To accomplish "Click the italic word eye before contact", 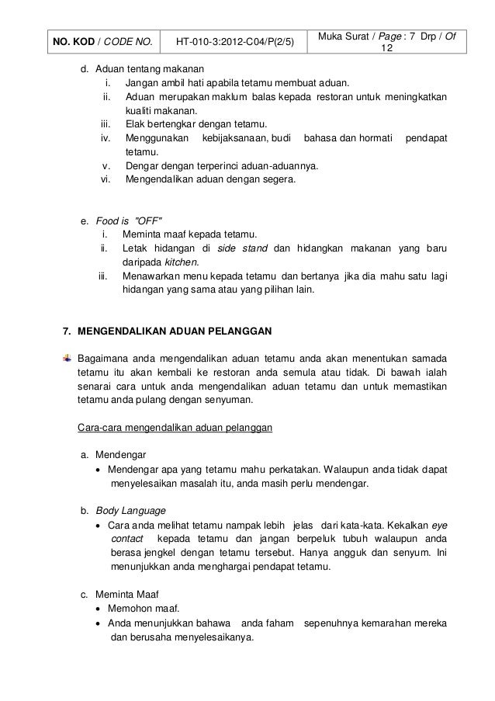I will click(x=439, y=525).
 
